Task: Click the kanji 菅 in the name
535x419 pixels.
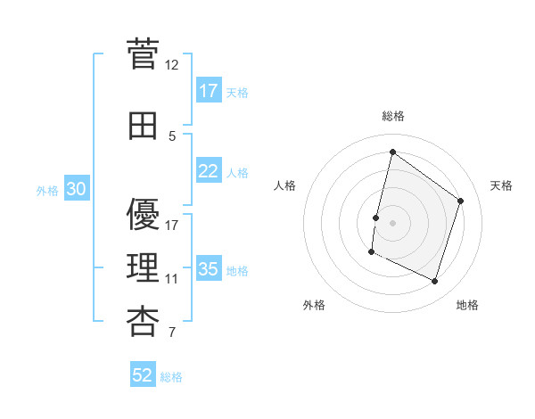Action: (x=143, y=53)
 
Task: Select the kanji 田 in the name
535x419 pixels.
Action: (x=143, y=126)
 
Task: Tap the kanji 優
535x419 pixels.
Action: (x=143, y=214)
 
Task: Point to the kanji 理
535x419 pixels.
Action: (x=143, y=267)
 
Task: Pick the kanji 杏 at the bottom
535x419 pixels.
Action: (x=143, y=322)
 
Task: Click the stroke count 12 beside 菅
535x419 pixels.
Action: (x=171, y=65)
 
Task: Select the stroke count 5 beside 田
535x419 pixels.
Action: (x=172, y=136)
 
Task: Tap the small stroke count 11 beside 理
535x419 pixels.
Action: (x=171, y=279)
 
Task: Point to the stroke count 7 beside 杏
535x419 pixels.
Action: (x=172, y=332)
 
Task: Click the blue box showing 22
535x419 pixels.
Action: (x=209, y=170)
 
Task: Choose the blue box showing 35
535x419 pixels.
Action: (x=209, y=267)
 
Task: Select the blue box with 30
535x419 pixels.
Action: (x=77, y=188)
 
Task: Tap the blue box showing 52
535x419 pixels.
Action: (x=143, y=374)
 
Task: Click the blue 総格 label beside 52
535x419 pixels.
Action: (x=171, y=377)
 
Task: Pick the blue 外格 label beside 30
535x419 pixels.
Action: (x=47, y=191)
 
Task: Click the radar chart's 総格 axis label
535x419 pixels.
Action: (x=393, y=116)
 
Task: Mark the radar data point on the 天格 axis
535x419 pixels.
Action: (x=460, y=201)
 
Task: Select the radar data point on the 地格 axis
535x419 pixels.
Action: (x=434, y=281)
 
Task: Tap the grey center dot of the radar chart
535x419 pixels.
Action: (x=392, y=223)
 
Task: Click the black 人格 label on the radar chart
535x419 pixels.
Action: (x=284, y=185)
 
